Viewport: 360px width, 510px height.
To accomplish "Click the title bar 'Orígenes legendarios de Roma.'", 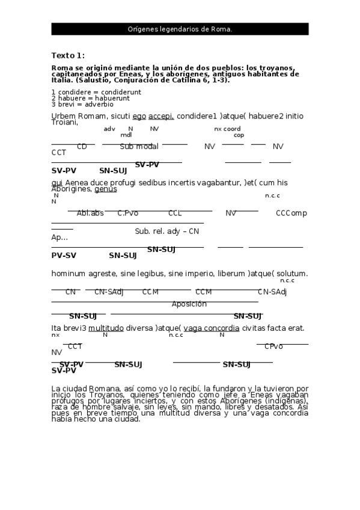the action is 180,29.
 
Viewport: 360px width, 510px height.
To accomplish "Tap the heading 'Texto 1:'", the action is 68,55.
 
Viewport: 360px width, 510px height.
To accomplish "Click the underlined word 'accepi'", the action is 161,115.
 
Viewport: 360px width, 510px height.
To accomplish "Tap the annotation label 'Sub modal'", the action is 139,146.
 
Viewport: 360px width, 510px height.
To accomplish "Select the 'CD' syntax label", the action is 82,146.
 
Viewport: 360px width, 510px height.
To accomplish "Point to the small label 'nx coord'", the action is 227,129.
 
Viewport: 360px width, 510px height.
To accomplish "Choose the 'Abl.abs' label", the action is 90,213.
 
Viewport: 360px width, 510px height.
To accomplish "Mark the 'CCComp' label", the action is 291,213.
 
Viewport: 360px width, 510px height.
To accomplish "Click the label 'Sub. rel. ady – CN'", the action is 166,231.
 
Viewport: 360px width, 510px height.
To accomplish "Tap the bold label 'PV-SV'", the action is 64,255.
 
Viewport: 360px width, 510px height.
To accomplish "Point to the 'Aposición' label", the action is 189,304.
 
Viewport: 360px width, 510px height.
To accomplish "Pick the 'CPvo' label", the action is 273,346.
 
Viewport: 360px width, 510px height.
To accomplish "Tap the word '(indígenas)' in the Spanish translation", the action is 286,401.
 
